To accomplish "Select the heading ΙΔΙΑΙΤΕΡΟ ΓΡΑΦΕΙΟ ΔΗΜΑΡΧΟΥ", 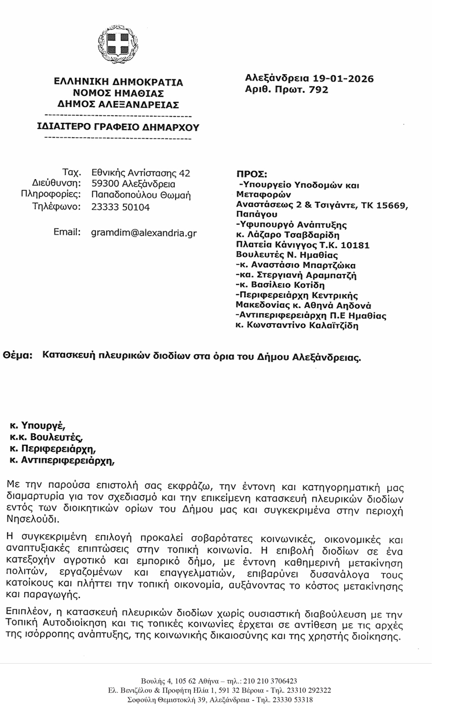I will pos(118,127).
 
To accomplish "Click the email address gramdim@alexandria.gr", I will pos(143,233).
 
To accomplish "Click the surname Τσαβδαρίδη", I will pos(312,235).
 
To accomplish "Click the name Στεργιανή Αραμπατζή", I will pos(307,275).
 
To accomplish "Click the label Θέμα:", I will pos(18,355).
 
